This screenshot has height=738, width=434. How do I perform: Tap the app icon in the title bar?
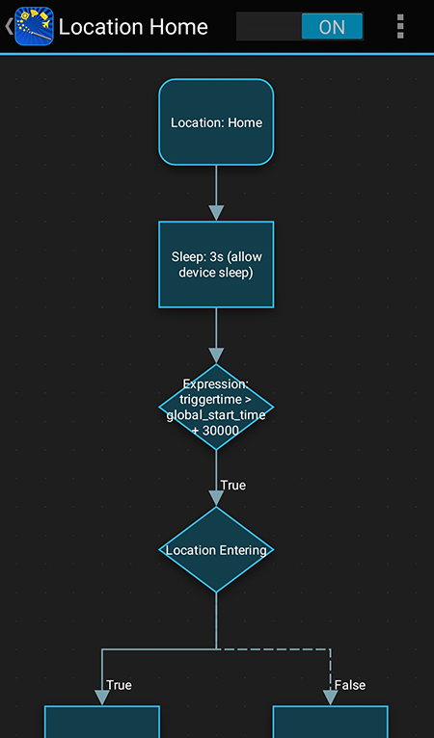(34, 27)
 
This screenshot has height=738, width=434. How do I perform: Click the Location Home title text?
(133, 27)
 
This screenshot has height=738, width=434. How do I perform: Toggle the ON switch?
(300, 27)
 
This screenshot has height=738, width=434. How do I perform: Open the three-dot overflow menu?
(400, 27)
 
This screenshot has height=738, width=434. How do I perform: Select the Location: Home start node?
(216, 122)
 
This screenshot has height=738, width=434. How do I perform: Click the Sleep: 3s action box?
(216, 265)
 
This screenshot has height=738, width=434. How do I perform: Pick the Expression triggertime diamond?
(216, 407)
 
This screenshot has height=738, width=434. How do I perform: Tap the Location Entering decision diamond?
(216, 550)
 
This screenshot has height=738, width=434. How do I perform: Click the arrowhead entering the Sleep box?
(216, 213)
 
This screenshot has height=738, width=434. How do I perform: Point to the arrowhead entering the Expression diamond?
(216, 356)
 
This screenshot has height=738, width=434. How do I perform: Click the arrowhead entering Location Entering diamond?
(216, 498)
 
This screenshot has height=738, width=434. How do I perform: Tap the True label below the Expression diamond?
(232, 485)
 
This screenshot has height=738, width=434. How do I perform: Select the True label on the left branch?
(119, 685)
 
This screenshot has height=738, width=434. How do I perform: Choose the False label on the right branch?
(350, 685)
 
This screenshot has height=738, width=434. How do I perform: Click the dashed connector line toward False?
(280, 648)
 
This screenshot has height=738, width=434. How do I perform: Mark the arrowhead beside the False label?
(330, 696)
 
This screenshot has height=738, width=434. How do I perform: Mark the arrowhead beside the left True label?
(101, 696)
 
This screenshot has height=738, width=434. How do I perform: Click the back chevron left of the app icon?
(9, 27)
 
